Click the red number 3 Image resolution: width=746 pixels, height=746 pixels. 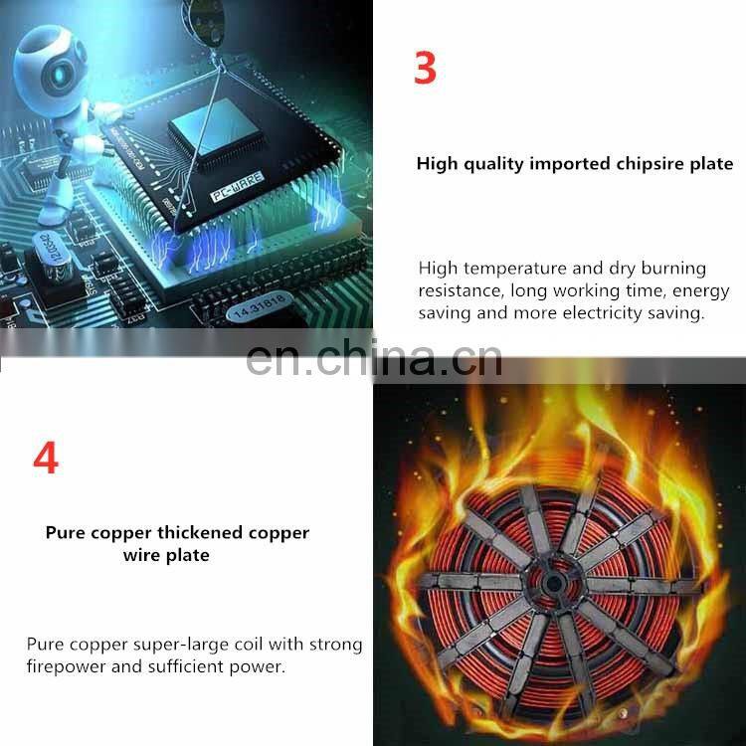click(425, 68)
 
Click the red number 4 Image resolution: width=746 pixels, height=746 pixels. click(46, 458)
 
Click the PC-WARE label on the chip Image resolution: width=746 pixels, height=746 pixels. click(237, 186)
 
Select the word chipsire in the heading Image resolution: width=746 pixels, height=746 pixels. click(651, 164)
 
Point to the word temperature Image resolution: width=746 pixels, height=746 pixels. click(515, 269)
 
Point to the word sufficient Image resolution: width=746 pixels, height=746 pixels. click(186, 666)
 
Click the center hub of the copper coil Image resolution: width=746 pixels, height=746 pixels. click(553, 583)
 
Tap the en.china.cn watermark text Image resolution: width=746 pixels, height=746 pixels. click(374, 359)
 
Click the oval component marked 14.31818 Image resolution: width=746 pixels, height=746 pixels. click(259, 306)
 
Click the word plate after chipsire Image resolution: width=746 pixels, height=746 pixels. click(712, 164)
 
